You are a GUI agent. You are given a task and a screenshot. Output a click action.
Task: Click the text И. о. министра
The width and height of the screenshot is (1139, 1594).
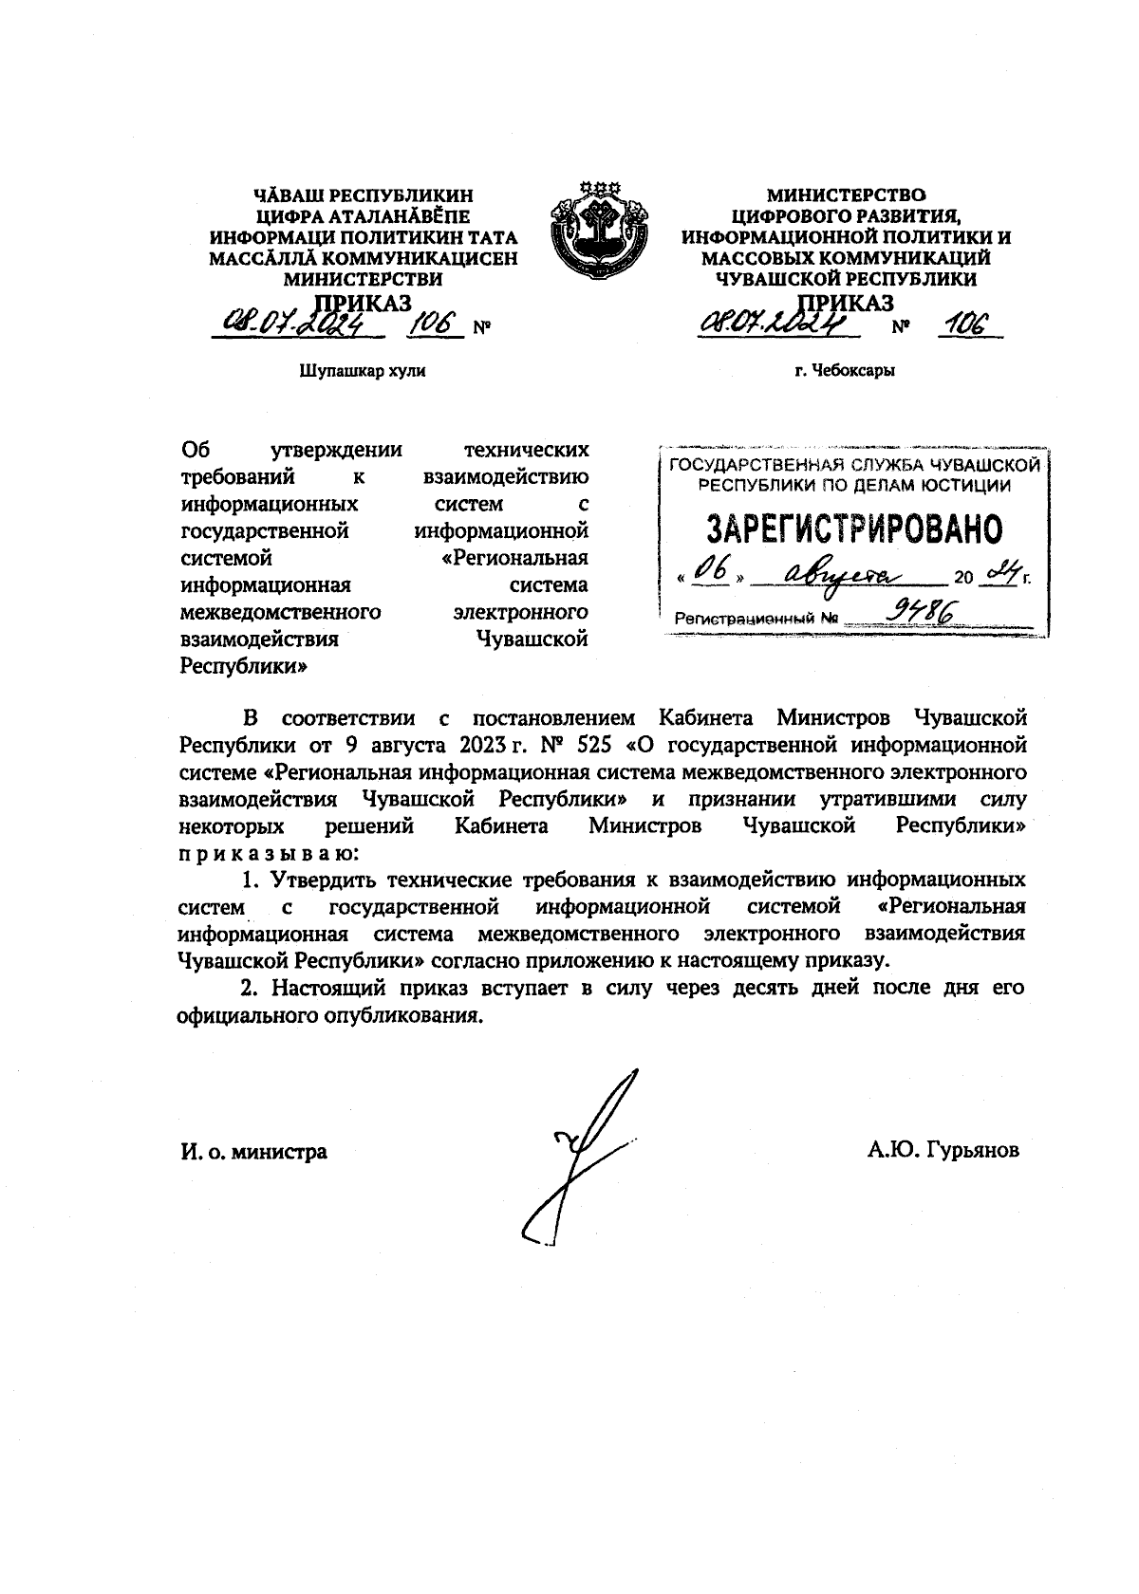coord(253,1152)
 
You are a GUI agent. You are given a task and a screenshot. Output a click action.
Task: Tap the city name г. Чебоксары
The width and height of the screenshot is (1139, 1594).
coord(846,371)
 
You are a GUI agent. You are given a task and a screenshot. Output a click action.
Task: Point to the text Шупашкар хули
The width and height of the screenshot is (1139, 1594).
coord(363,371)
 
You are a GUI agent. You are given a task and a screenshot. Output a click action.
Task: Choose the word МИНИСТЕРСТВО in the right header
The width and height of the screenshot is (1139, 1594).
coord(846,196)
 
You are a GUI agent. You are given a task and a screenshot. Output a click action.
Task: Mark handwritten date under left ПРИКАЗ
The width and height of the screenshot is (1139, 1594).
coord(294,325)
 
